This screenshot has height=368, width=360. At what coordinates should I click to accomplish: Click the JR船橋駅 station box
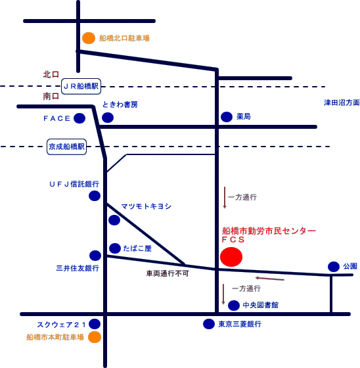[x=81, y=86]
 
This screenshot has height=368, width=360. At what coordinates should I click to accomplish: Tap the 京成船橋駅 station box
[x=66, y=147]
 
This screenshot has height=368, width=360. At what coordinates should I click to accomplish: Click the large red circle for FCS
[x=231, y=257]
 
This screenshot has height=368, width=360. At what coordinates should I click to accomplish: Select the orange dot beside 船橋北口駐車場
[x=89, y=38]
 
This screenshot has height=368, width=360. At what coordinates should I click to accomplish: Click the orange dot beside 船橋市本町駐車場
[x=95, y=337]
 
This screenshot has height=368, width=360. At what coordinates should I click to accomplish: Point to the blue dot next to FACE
[x=79, y=118]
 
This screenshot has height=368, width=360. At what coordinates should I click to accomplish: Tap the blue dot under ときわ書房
[x=108, y=118]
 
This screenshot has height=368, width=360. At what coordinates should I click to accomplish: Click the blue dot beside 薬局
[x=227, y=117]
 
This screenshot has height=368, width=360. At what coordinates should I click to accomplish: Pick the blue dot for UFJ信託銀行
[x=95, y=196]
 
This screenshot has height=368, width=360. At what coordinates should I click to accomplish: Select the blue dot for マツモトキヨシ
[x=114, y=220]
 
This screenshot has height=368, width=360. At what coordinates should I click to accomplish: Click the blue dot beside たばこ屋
[x=115, y=248]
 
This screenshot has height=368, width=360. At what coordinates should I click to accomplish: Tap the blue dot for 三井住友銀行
[x=95, y=256]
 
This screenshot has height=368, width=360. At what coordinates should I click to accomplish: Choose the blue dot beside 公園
[x=334, y=267]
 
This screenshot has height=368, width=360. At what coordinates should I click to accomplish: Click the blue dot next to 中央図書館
[x=234, y=306]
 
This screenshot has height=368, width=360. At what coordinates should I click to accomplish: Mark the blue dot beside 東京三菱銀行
[x=209, y=324]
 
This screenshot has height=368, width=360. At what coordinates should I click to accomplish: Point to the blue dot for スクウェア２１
[x=95, y=324]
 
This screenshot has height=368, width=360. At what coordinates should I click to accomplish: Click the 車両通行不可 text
[x=168, y=273]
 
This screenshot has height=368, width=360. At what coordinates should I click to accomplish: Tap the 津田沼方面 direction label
[x=342, y=103]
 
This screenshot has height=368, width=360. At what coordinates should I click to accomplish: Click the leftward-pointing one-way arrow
[x=270, y=279]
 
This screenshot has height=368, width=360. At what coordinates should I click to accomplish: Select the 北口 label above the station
[x=51, y=75]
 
